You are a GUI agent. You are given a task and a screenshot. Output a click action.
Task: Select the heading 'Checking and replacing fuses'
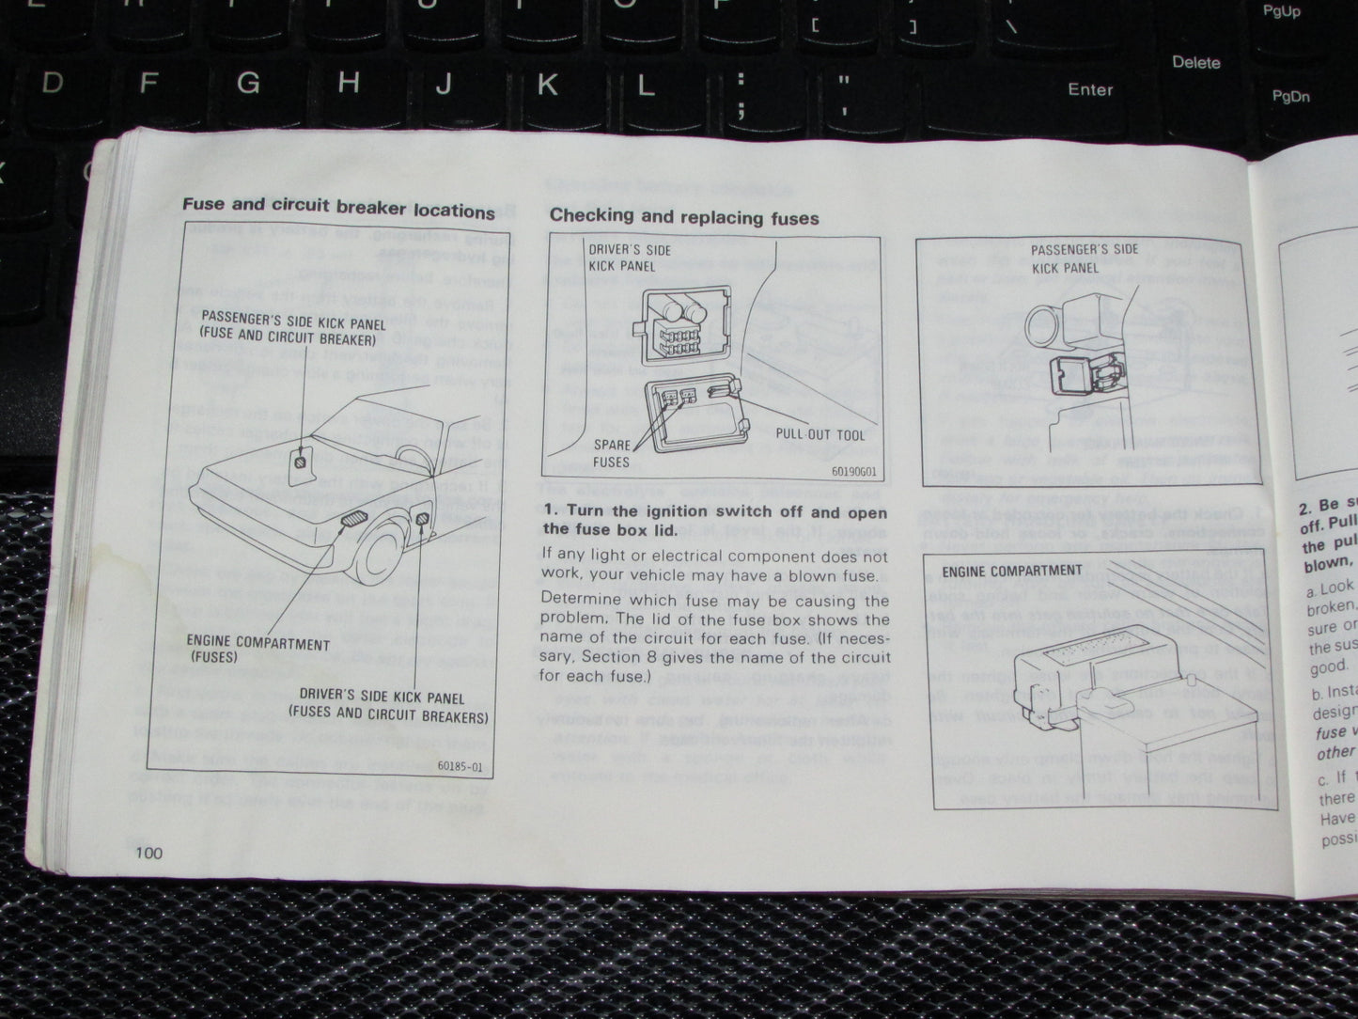684,217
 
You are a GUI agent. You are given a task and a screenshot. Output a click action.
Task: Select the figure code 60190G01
852,474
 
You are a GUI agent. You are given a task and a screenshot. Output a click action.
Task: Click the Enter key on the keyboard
1089,89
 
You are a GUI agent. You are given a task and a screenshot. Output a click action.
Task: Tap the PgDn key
1290,96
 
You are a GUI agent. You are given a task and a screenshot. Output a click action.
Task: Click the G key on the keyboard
247,83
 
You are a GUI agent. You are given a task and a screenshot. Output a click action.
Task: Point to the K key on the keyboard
546,86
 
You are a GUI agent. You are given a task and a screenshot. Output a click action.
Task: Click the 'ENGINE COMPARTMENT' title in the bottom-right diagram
1011,571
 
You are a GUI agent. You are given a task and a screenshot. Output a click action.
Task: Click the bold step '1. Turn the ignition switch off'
714,521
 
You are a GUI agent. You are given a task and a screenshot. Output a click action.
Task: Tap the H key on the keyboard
349,84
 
